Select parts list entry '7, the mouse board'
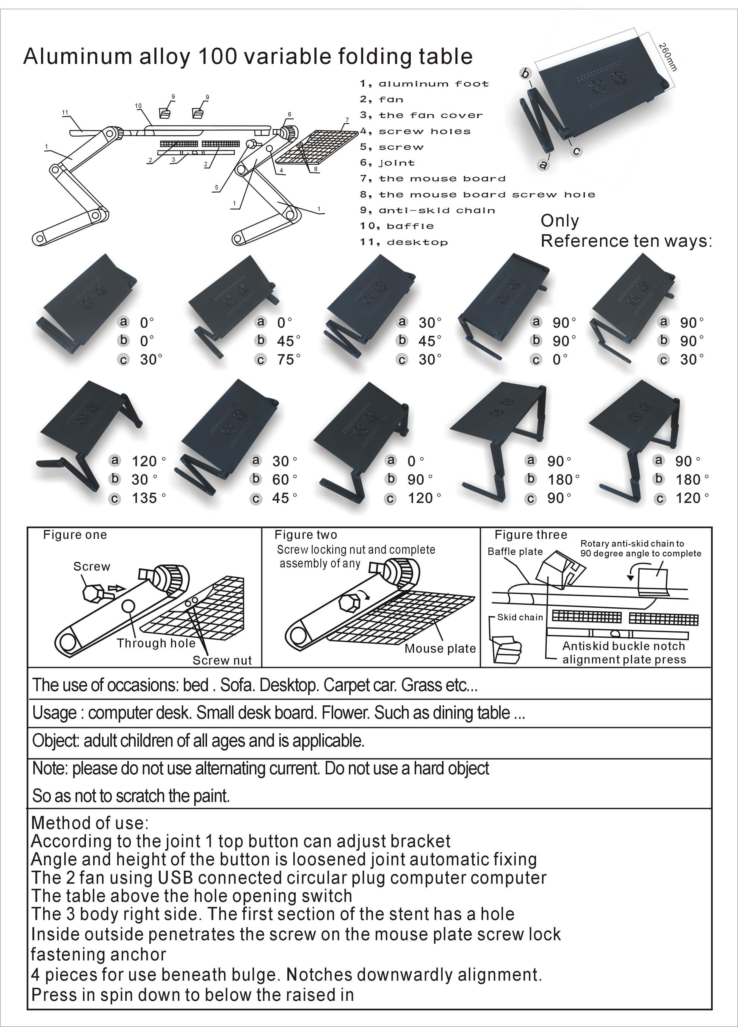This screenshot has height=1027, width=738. [x=433, y=178]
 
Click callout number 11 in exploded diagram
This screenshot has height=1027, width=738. [x=65, y=112]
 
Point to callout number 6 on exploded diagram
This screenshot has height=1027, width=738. [x=289, y=114]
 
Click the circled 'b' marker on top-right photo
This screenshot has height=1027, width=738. [x=525, y=73]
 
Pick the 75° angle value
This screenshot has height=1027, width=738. [x=288, y=360]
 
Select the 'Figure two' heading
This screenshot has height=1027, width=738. [x=306, y=535]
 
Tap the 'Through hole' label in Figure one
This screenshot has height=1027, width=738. [x=156, y=643]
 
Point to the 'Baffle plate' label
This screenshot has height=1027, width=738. [x=515, y=551]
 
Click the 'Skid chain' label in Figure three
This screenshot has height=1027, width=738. [x=520, y=617]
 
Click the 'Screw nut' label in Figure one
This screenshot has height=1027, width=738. [x=222, y=660]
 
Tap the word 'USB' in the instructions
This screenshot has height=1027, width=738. [x=176, y=877]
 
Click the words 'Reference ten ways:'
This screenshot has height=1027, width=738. [x=626, y=241]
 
